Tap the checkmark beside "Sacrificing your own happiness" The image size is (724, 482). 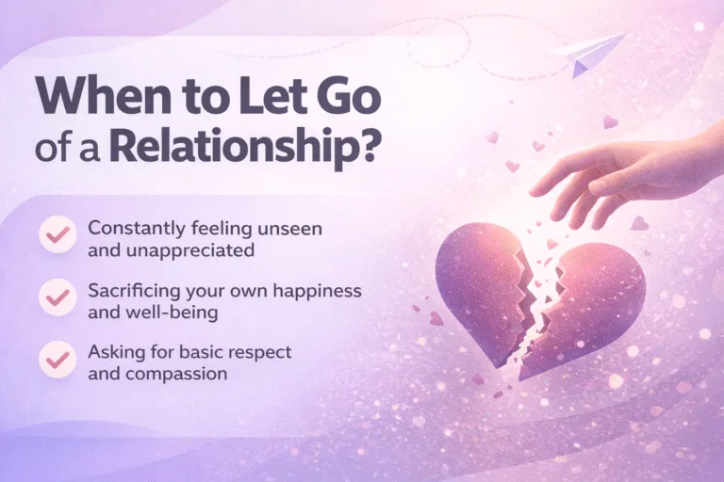(57, 297)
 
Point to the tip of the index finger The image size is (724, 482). (534, 191)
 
